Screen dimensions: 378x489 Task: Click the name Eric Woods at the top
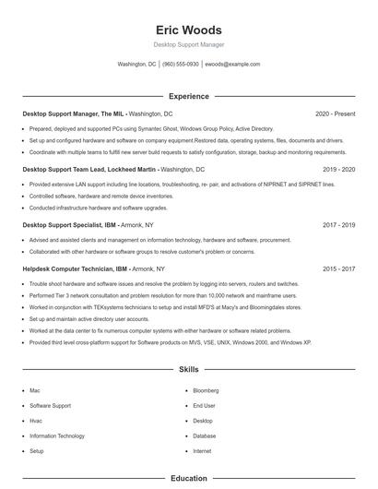(x=188, y=29)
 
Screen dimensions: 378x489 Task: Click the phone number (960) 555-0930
(x=181, y=65)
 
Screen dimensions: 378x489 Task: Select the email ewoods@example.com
(x=232, y=65)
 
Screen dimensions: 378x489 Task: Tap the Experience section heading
(x=188, y=96)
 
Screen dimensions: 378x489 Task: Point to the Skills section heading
(x=188, y=369)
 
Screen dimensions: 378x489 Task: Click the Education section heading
(x=188, y=479)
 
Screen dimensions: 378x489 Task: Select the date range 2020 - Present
(x=335, y=113)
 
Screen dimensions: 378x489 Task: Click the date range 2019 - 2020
(x=338, y=170)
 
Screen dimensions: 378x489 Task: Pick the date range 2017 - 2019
(x=338, y=225)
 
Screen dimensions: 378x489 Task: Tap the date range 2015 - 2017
(x=338, y=268)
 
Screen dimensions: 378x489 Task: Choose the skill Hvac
(x=36, y=421)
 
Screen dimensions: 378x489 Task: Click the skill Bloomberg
(x=206, y=390)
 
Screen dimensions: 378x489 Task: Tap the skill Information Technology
(x=57, y=435)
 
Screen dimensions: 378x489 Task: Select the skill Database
(x=204, y=435)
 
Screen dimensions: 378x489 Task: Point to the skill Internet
(x=202, y=451)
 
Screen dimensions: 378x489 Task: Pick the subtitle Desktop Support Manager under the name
(x=188, y=44)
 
